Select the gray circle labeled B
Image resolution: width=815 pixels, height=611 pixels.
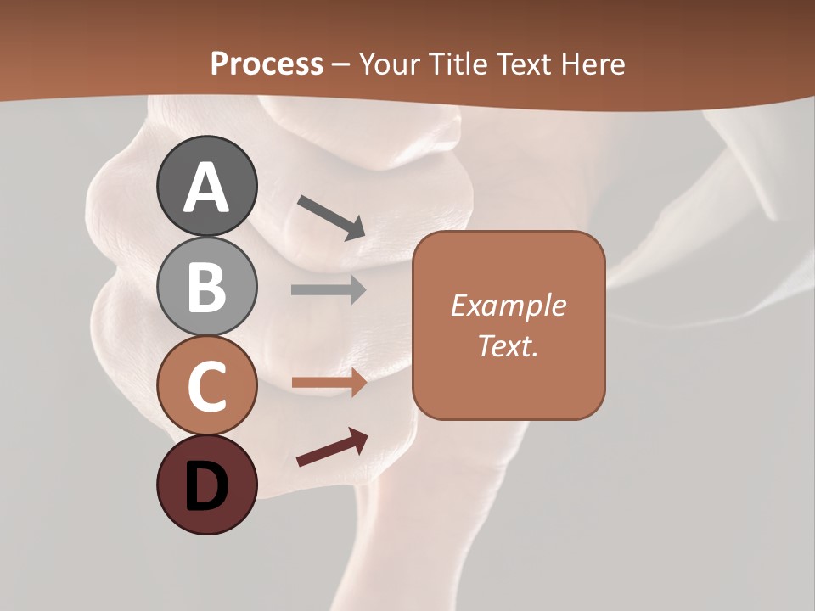click(x=206, y=286)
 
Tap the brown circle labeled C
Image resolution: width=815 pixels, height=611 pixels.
click(x=206, y=386)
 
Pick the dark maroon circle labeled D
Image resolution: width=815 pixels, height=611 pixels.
click(x=206, y=485)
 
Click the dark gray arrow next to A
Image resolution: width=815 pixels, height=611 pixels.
click(x=331, y=217)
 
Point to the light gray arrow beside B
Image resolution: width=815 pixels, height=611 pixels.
click(x=329, y=290)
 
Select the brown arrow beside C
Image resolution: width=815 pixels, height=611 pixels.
click(x=329, y=384)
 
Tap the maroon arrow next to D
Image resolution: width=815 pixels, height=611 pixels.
click(x=332, y=447)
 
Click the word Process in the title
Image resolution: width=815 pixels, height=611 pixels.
click(x=267, y=64)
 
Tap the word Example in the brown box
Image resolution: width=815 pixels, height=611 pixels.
click(x=508, y=305)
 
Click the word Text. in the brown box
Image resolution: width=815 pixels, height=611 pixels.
click(x=508, y=346)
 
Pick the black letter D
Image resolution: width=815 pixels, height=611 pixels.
click(x=206, y=486)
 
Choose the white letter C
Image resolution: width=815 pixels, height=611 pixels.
click(x=206, y=387)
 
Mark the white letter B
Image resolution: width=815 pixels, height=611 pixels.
click(x=206, y=287)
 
